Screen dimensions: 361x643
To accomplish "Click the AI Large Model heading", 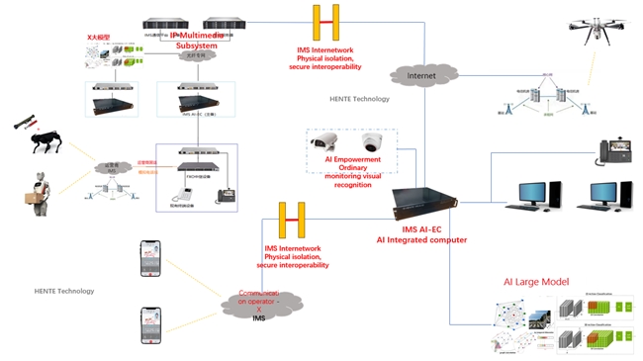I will point(533,283).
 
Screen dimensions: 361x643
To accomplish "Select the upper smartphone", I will point(148,259).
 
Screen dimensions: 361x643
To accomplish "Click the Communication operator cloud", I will point(260,301).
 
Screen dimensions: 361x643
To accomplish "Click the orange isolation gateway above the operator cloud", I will point(291,220).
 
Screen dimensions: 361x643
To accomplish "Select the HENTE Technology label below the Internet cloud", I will point(360,99).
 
